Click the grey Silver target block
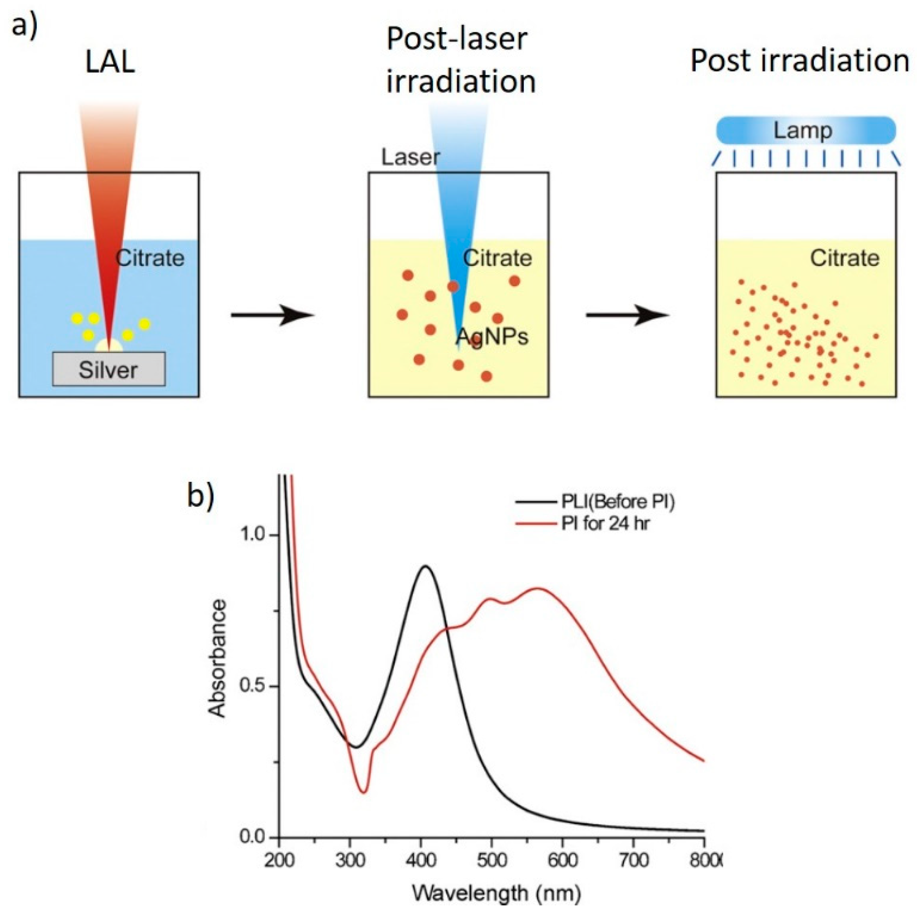(109, 369)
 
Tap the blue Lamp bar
(806, 130)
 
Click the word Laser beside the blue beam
(411, 157)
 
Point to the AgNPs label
(492, 337)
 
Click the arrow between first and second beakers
(273, 315)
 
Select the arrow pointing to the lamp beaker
(627, 315)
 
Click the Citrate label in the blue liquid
(150, 258)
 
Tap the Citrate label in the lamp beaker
(844, 258)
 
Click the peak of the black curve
(425, 566)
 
